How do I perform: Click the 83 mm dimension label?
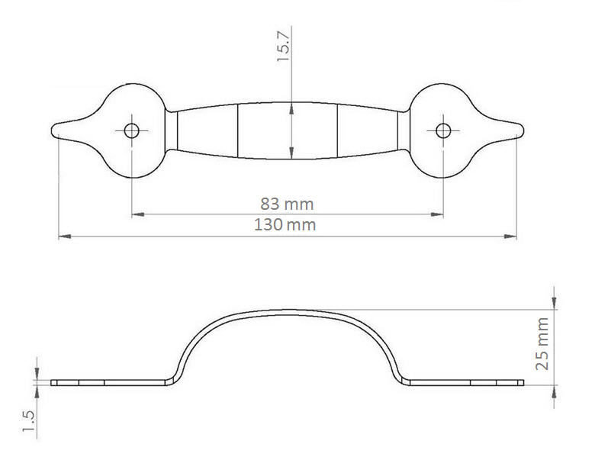287,204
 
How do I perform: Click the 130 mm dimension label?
285,225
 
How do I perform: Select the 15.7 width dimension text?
283,47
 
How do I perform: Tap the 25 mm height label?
542,344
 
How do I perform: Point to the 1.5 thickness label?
28,421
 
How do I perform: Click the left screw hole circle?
132,131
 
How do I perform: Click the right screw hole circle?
443,131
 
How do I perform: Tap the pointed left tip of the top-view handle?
52,130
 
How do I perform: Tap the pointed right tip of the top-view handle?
523,130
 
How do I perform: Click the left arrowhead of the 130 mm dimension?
65,236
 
